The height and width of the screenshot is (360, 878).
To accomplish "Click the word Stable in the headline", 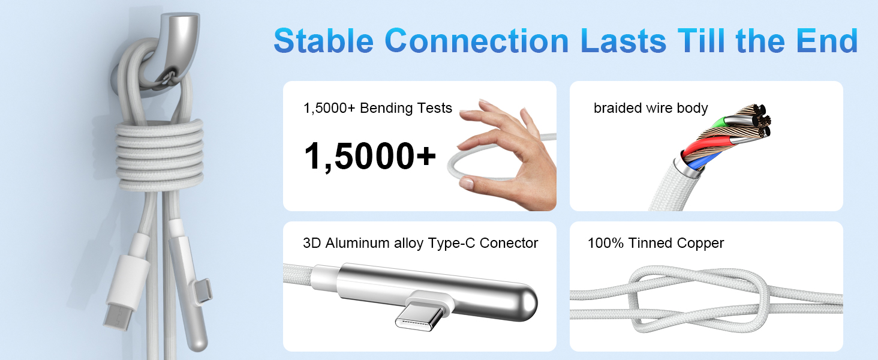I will [324, 41].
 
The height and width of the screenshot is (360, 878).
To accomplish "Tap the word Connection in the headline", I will [476, 41].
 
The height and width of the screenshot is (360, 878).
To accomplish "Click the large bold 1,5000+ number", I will [369, 156].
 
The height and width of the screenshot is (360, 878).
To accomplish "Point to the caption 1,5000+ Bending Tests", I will [378, 108].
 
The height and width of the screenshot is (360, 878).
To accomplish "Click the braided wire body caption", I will [651, 108].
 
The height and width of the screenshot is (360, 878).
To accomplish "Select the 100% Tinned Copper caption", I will [656, 243].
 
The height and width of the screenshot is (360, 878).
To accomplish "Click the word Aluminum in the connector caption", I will [354, 243].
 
